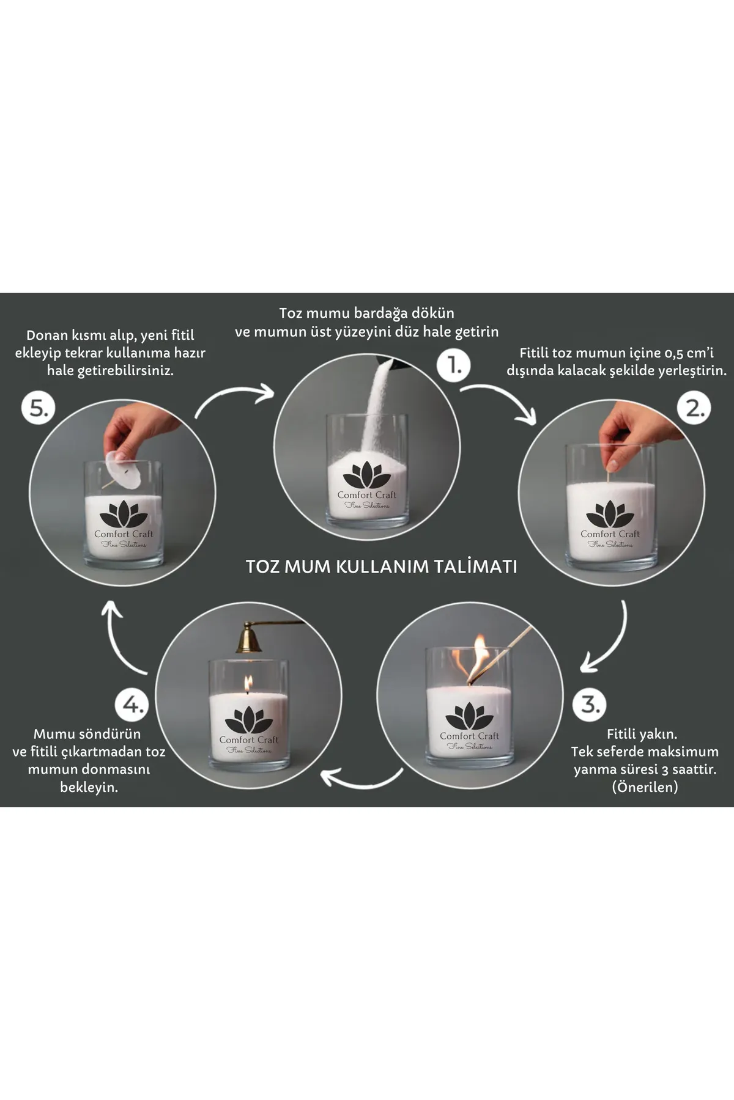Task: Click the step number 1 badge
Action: point(454,365)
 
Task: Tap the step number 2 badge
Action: point(695,408)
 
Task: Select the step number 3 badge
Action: point(590,704)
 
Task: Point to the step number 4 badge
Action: point(132,705)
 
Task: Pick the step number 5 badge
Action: point(39,408)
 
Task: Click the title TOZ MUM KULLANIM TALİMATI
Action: point(382,566)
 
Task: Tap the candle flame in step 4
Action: point(248,684)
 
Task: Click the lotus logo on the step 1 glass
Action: point(366,476)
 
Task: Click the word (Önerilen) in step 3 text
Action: point(645,787)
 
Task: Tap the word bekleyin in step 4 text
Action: point(89,787)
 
